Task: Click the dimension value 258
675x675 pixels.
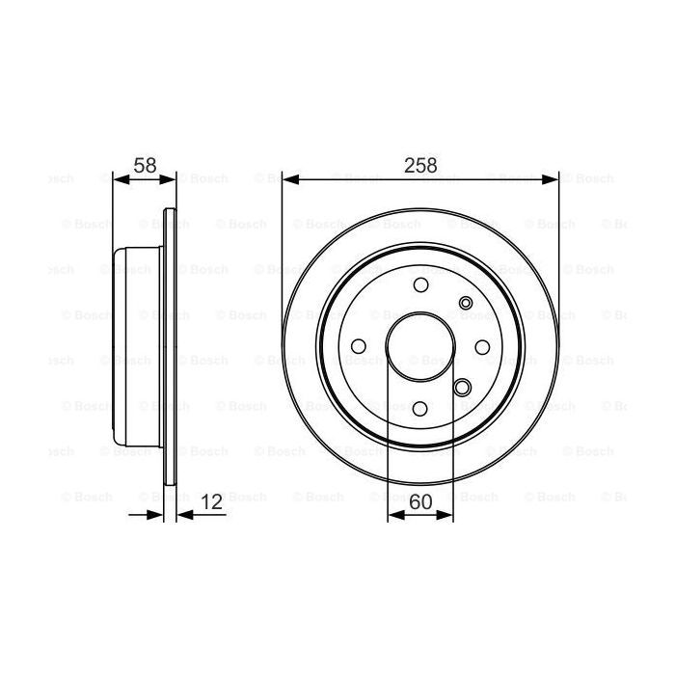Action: (x=420, y=165)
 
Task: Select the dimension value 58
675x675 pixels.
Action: (x=146, y=165)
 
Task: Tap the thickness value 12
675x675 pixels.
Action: (x=213, y=501)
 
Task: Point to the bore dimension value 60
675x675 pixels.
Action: (x=420, y=501)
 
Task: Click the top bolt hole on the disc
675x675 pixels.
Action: (x=420, y=285)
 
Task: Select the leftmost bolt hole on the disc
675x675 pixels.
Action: (x=359, y=346)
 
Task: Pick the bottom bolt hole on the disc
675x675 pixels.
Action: (x=420, y=408)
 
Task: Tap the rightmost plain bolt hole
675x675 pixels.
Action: (x=482, y=346)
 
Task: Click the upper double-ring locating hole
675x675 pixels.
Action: (x=467, y=304)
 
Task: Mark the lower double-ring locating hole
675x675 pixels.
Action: (x=463, y=389)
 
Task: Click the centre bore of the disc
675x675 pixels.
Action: (x=420, y=346)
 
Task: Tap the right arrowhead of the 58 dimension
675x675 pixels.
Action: (x=171, y=178)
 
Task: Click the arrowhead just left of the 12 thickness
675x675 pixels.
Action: (x=157, y=515)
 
